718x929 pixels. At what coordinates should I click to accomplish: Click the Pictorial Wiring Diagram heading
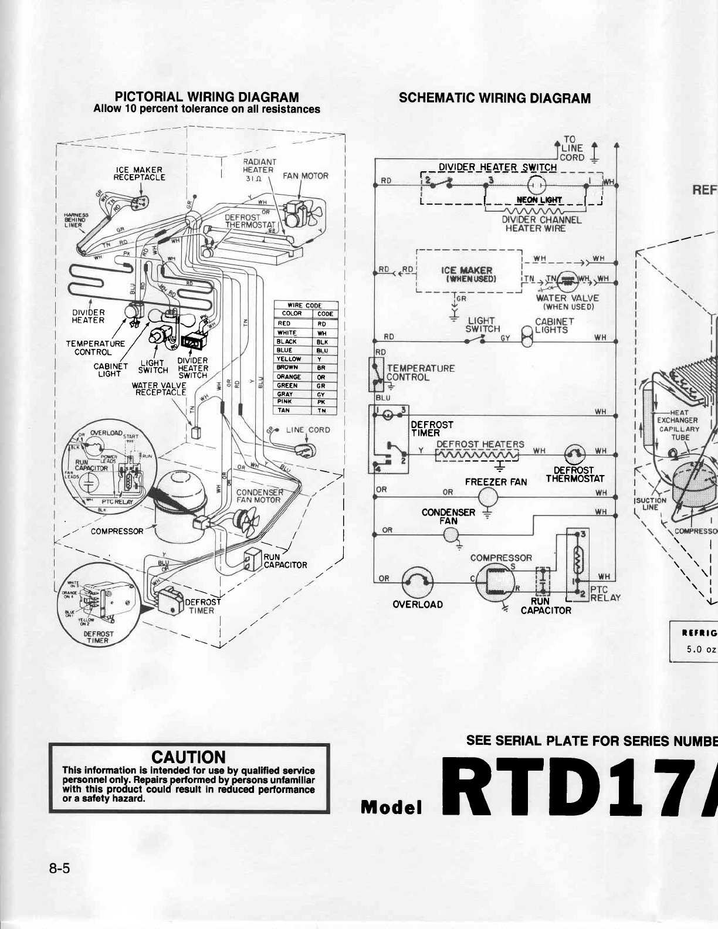coord(206,97)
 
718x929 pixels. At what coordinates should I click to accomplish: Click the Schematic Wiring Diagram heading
coord(495,98)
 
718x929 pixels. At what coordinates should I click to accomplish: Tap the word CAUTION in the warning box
coord(188,758)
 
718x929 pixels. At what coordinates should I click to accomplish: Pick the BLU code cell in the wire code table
coord(322,350)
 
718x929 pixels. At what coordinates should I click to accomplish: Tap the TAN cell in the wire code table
coord(284,411)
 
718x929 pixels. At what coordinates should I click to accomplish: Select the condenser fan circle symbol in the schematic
coord(451,534)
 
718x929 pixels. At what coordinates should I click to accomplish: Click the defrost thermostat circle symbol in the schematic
coord(574,453)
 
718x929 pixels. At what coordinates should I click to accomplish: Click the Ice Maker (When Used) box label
coord(467,274)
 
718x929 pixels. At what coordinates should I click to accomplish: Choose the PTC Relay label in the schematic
coord(605,594)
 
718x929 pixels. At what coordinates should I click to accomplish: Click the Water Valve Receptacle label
coord(161,389)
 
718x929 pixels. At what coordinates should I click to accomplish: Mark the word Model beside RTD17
coord(391,808)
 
